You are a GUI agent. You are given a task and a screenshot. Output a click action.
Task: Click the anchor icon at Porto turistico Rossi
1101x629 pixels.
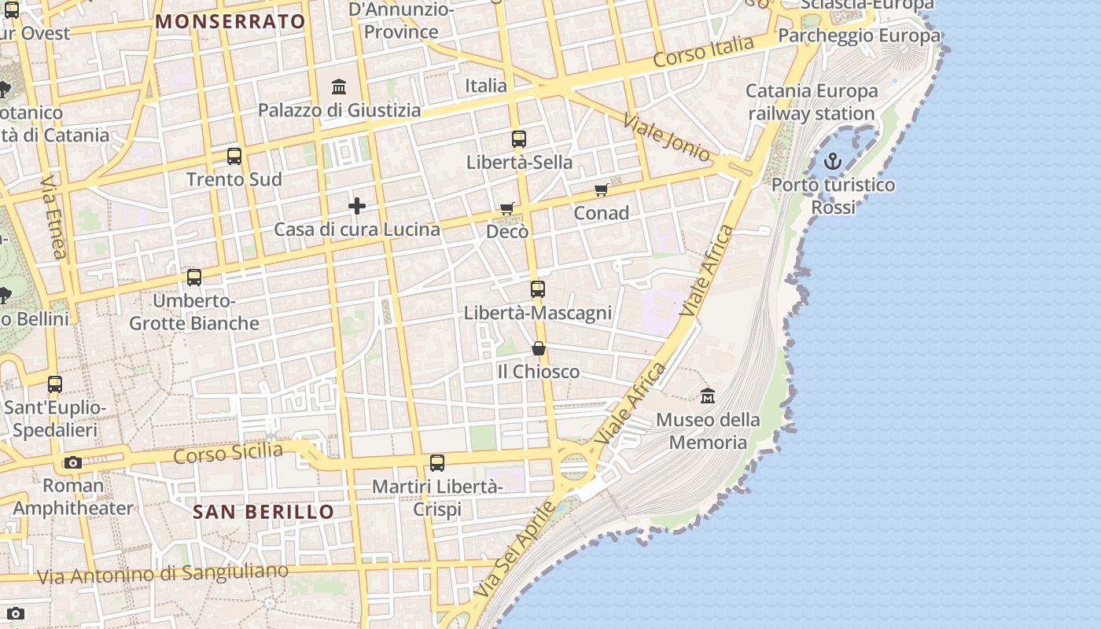click(x=832, y=162)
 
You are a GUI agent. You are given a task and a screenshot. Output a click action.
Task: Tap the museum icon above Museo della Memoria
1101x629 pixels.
click(x=708, y=395)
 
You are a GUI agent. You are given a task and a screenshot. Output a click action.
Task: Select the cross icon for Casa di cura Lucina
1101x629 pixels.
click(x=357, y=206)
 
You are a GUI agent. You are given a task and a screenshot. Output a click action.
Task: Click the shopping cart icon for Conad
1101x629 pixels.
click(x=602, y=189)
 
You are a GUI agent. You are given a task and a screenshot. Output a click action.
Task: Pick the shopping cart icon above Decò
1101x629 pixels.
click(x=507, y=208)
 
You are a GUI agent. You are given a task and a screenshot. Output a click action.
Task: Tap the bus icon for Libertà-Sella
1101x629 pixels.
click(x=519, y=139)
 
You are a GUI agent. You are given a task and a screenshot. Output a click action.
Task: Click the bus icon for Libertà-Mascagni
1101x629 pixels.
click(x=538, y=289)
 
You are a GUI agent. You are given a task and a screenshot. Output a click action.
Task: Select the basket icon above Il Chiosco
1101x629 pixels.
click(x=539, y=348)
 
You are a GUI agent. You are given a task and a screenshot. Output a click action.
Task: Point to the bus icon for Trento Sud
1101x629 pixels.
click(x=234, y=156)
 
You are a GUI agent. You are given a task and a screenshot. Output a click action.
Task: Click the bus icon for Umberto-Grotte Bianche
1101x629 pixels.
click(x=194, y=278)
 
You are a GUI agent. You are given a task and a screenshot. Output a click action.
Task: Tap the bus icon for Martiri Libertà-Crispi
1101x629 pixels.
click(x=437, y=463)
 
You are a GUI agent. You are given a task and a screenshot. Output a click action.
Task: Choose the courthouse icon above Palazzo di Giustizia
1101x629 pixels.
click(x=339, y=86)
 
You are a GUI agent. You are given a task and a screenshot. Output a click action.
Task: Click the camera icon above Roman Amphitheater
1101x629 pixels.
click(x=73, y=462)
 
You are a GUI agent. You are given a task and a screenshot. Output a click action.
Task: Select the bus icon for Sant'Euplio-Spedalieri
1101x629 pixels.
click(x=55, y=384)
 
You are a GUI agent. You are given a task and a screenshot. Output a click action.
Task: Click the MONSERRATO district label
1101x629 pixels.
click(x=230, y=21)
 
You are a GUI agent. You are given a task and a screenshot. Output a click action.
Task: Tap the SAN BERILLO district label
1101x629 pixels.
click(x=263, y=512)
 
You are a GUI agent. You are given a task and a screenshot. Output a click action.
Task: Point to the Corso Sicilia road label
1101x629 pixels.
click(x=228, y=453)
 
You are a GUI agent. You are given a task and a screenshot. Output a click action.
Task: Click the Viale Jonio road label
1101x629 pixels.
click(x=667, y=138)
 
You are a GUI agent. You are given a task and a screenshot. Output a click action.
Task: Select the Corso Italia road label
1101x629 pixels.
click(x=704, y=52)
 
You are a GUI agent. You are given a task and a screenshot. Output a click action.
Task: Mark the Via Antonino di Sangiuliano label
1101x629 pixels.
click(x=163, y=574)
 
